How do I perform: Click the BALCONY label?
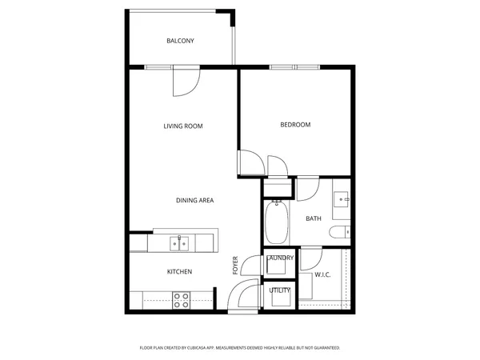click(x=180, y=41)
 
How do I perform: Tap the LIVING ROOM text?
click(x=183, y=126)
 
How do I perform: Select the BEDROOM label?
click(x=295, y=125)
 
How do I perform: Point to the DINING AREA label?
click(x=194, y=200)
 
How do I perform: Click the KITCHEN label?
click(x=179, y=272)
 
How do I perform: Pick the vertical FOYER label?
click(x=235, y=266)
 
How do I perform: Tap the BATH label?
click(x=314, y=218)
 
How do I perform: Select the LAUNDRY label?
click(x=280, y=258)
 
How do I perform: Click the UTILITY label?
click(x=279, y=290)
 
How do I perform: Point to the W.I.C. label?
click(x=323, y=275)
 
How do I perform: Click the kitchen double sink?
click(x=177, y=242)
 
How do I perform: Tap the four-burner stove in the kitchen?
click(x=182, y=300)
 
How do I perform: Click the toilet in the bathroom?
click(x=338, y=233)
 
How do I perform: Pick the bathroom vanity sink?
click(x=342, y=199)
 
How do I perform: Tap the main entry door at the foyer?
click(x=241, y=298)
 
